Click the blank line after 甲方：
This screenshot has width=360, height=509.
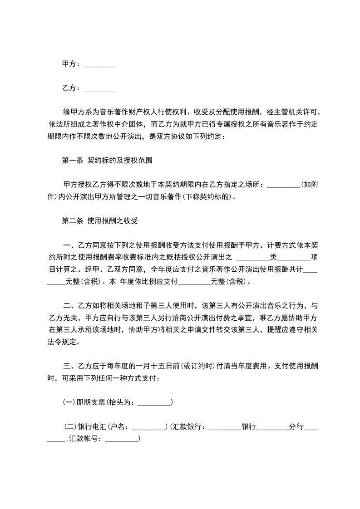tap(100, 65)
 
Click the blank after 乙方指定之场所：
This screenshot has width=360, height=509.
tap(283, 185)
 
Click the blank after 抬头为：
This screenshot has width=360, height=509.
tap(154, 402)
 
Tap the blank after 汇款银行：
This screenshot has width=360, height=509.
tap(225, 427)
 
